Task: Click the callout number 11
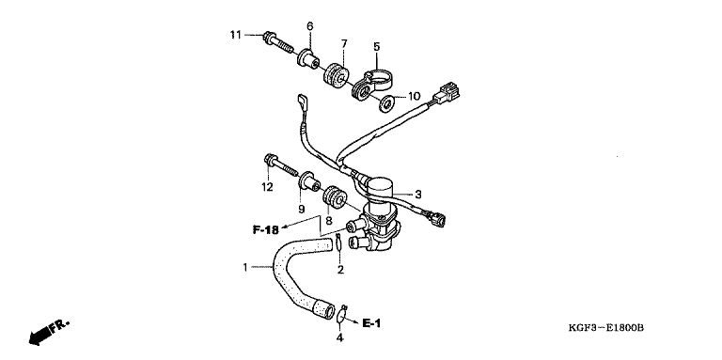[x=236, y=35]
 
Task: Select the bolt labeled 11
[x=278, y=43]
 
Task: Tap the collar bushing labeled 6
[x=308, y=58]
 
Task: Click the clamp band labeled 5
[x=372, y=85]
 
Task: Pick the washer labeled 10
[x=385, y=103]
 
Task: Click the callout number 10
[x=414, y=96]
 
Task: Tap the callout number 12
[x=267, y=187]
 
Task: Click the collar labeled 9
[x=309, y=180]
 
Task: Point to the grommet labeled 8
[x=335, y=197]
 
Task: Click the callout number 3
[x=417, y=195]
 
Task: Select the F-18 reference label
[x=266, y=229]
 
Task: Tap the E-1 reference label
[x=371, y=323]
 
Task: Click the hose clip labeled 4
[x=341, y=314]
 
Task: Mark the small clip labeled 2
[x=338, y=242]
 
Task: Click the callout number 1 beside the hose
[x=245, y=267]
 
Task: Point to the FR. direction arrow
[x=49, y=332]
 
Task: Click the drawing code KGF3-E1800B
[x=605, y=328]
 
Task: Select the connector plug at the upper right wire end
[x=447, y=92]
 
